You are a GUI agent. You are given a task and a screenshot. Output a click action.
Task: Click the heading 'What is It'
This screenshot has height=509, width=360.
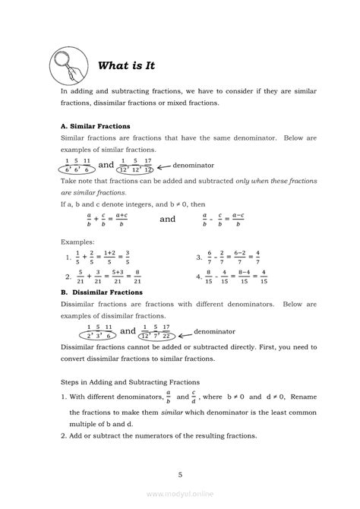click(x=126, y=66)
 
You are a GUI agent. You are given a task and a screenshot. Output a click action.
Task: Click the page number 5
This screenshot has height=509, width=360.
click(x=180, y=475)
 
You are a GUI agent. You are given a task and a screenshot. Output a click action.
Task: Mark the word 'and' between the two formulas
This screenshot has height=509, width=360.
click(x=167, y=220)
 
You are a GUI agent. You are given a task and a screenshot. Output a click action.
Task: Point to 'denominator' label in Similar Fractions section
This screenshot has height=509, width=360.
click(x=194, y=165)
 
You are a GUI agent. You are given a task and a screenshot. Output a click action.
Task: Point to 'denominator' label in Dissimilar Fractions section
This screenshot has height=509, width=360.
click(x=194, y=331)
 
